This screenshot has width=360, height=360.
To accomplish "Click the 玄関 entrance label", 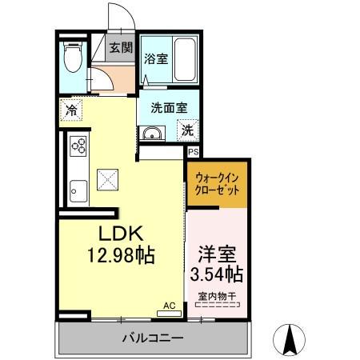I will coord(121,47).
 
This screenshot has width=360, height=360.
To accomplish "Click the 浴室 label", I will coord(155,58).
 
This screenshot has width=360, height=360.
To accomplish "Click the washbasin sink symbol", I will coord(151,134).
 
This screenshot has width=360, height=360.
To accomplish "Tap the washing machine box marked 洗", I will coord(186,130).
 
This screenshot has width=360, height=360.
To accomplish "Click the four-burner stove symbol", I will coord(78,146).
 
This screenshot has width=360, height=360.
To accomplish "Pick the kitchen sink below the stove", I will coord(78,191).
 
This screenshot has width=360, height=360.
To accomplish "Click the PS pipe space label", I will coord(193,150).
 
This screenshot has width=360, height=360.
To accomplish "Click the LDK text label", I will coord(121,234).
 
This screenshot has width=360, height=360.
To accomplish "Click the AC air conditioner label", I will coord(169,305).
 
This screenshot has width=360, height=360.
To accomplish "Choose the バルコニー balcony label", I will coord(152,338).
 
